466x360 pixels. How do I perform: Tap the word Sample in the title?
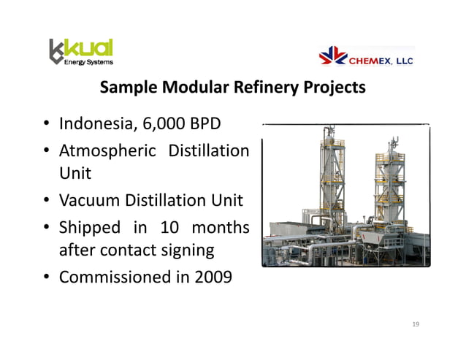pos(127,88)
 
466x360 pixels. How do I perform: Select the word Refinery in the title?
pos(264,88)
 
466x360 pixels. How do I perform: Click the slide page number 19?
pos(416,323)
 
